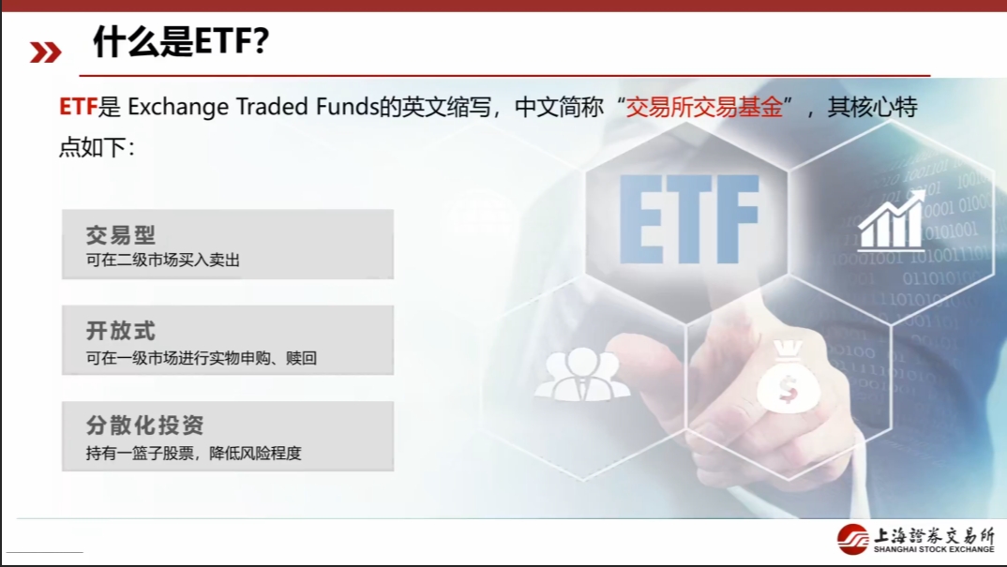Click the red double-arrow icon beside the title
[x=45, y=52]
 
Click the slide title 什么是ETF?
[x=181, y=42]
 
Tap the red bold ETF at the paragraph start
[x=78, y=107]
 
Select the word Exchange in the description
[x=178, y=107]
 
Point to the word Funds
[x=345, y=107]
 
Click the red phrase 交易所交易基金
[x=704, y=107]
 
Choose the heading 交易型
[x=121, y=234]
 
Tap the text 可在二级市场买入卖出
[x=163, y=260]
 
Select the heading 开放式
[x=121, y=331]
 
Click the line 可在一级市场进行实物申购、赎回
[x=202, y=357]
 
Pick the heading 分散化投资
[x=144, y=425]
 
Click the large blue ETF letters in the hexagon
[x=688, y=218]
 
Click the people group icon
[x=581, y=375]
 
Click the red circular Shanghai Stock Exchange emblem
[x=853, y=540]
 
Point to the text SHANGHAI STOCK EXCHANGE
[x=933, y=550]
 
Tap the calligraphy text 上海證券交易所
[x=933, y=535]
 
